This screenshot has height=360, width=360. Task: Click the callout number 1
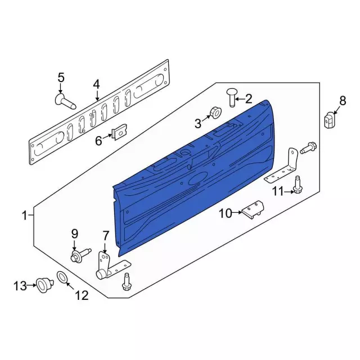click(25, 215)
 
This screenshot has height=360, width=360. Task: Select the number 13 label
click(20, 286)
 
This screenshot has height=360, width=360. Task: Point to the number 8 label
click(343, 101)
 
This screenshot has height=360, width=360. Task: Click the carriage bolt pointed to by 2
click(231, 97)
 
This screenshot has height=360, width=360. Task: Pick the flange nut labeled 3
click(215, 112)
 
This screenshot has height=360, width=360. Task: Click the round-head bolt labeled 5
click(65, 102)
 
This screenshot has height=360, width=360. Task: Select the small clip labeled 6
click(119, 132)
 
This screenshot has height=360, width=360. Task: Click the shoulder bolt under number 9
click(80, 255)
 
